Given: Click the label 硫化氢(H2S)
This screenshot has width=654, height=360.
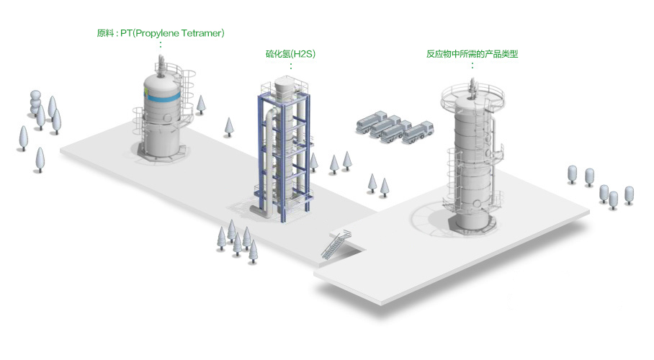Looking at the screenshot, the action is click(290, 54).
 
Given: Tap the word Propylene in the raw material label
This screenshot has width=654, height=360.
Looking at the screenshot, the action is click(157, 33).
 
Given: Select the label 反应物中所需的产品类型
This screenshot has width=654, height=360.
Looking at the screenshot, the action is click(472, 54).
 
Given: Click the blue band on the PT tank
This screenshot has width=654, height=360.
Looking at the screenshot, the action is click(163, 99).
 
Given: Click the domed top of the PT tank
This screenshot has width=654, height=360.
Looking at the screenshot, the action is click(162, 81).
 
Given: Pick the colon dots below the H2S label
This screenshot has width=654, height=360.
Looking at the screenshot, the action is click(291, 66).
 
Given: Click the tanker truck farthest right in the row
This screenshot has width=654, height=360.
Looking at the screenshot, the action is click(418, 132).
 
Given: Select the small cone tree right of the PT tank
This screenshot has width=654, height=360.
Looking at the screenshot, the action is click(201, 104).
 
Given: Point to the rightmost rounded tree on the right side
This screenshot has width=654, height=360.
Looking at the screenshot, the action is click(629, 195).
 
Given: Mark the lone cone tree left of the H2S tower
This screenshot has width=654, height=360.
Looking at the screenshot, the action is click(228, 127).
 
